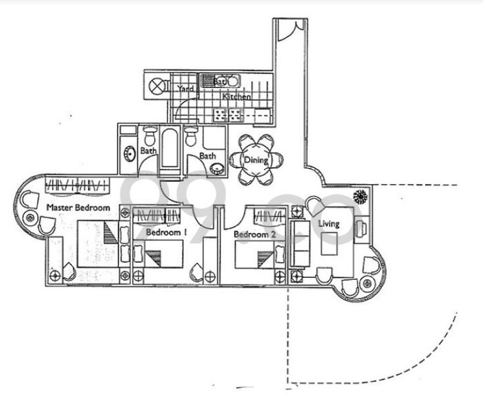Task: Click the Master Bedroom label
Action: click(x=78, y=208)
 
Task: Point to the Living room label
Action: click(x=330, y=223)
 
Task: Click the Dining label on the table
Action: click(x=256, y=160)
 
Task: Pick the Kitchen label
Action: click(x=236, y=97)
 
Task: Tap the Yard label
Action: click(x=185, y=89)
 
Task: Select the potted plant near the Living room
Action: click(x=361, y=197)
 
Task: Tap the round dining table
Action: click(x=256, y=161)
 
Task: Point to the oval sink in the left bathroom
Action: click(x=129, y=153)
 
